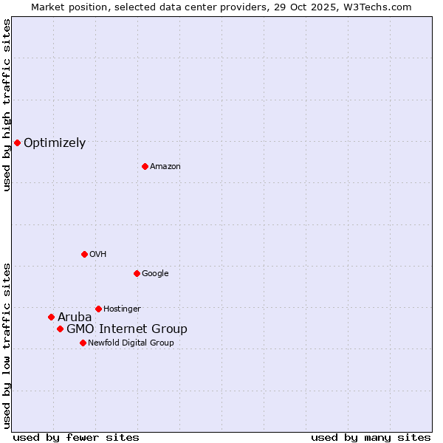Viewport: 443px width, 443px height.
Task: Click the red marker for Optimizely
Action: click(17, 142)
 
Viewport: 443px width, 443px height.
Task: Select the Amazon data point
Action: click(145, 166)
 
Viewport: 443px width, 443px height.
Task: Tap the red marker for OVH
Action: click(84, 254)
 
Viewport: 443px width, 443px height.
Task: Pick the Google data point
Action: click(137, 273)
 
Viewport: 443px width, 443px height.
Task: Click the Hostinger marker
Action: click(98, 309)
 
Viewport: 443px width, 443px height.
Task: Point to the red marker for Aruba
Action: click(51, 317)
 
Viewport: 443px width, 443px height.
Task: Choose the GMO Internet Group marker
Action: click(60, 329)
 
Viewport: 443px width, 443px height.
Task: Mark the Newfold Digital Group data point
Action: click(83, 343)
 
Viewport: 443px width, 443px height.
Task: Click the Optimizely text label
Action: click(55, 143)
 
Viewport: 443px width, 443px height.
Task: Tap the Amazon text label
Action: click(165, 167)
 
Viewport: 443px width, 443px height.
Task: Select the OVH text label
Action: click(98, 255)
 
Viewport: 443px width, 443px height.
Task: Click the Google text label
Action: click(155, 274)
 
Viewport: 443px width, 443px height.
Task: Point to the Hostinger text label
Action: click(122, 309)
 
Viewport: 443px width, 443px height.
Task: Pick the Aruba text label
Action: click(75, 317)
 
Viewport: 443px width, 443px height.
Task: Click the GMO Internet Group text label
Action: click(127, 329)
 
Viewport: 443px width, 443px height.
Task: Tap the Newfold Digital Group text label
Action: click(131, 343)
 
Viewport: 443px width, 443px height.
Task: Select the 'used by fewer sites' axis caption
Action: click(76, 437)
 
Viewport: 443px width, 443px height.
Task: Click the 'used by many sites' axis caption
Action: click(371, 437)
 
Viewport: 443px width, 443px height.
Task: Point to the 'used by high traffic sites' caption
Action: click(7, 105)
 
